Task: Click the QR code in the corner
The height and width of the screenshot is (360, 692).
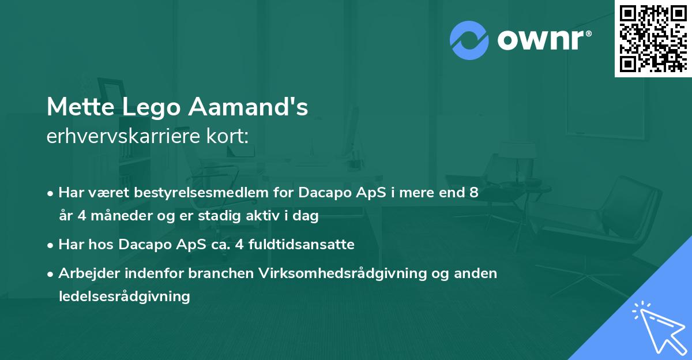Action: click(653, 38)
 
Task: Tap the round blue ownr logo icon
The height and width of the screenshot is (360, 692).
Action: click(469, 40)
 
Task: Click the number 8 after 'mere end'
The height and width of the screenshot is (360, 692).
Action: click(473, 193)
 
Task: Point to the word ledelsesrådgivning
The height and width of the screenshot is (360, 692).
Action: click(124, 297)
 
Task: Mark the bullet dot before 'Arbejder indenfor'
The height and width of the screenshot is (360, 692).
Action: click(51, 273)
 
